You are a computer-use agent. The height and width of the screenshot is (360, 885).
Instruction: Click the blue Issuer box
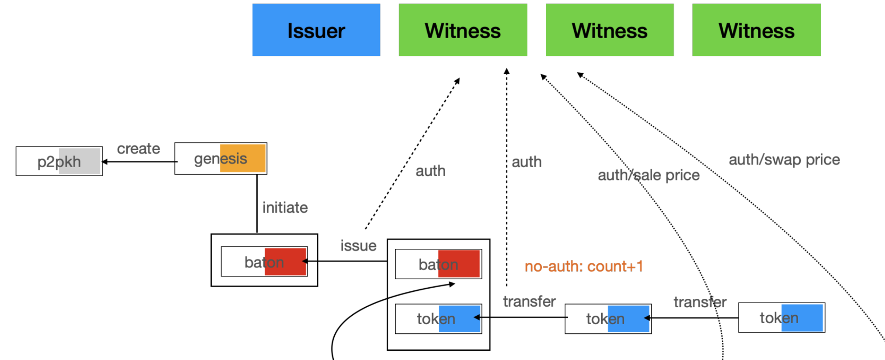coord(316,30)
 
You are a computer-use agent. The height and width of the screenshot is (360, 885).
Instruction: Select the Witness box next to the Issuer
coord(462,30)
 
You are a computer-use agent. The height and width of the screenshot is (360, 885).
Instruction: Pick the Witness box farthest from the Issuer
coord(756,30)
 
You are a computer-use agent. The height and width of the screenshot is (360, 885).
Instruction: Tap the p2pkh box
coord(59,161)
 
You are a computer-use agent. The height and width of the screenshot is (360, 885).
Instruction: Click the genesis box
coord(220,159)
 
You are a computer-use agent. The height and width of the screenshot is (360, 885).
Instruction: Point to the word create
coord(138,149)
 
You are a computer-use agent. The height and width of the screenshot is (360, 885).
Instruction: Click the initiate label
coord(285,207)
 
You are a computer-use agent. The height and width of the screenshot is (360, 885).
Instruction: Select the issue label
coord(358,246)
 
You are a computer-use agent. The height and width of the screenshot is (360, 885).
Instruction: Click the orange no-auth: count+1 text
coord(583,266)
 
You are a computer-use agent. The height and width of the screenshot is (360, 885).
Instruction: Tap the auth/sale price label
coord(648,175)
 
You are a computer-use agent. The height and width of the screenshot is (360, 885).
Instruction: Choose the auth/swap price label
coord(784,160)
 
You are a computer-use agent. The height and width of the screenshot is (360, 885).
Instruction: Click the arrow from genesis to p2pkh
coord(138,162)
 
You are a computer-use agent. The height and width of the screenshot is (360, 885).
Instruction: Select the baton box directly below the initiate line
coord(264,262)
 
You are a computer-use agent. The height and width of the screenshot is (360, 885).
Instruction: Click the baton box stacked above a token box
coord(438,264)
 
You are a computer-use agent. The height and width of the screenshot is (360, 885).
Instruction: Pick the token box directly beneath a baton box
coord(438,318)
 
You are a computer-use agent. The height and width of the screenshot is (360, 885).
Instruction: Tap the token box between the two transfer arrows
coord(607,318)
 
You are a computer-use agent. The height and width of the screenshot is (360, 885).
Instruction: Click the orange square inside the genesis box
coord(243,158)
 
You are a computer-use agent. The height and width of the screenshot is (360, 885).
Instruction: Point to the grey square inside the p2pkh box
coord(79,161)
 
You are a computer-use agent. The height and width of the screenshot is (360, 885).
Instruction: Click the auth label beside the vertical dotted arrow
coord(526,162)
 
